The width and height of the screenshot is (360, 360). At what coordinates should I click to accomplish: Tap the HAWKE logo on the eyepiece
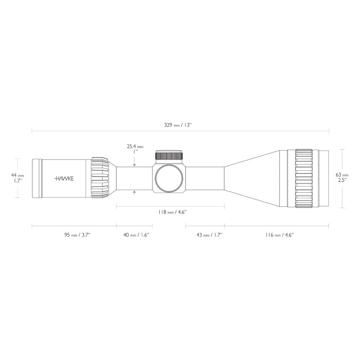[64, 178]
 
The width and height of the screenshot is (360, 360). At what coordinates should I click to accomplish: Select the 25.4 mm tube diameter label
[135, 147]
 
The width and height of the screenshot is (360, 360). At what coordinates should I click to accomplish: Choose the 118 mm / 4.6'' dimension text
[172, 212]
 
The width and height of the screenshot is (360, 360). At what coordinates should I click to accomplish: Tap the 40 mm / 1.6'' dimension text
[136, 235]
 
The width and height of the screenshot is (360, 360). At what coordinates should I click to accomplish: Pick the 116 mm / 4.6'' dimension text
[279, 235]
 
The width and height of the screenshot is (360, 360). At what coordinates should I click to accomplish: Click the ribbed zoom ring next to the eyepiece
[100, 178]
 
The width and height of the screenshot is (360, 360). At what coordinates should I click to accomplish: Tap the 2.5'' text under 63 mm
[342, 180]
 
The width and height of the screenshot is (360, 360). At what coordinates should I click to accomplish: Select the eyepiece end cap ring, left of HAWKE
[36, 178]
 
